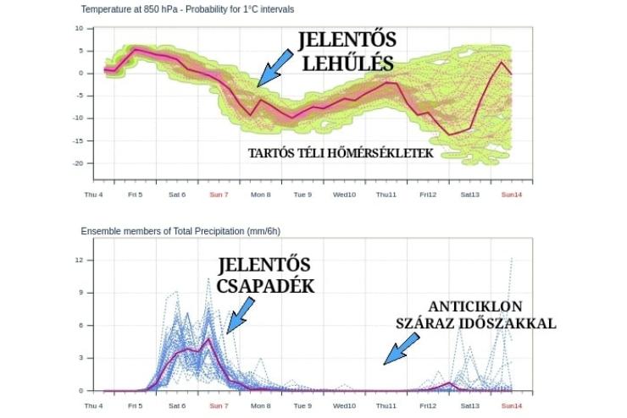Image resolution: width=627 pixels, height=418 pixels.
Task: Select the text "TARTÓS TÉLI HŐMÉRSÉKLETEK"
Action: click(341, 154)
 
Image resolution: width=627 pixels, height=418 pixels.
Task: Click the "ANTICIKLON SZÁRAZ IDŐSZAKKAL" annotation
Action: click(475, 314)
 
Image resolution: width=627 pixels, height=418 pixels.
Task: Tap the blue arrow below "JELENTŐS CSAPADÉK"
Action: click(237, 317)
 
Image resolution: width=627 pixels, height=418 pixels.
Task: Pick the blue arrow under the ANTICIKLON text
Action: click(401, 348)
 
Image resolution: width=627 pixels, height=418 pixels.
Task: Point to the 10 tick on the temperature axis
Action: click(78, 28)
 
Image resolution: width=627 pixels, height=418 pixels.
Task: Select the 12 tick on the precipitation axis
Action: click(78, 260)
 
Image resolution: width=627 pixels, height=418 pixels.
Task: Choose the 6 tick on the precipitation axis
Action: click(80, 326)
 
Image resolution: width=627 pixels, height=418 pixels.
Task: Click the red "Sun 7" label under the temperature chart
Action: click(219, 195)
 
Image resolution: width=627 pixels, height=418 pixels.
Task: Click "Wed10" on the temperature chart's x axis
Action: click(344, 195)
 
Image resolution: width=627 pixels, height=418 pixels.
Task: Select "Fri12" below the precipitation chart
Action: click(427, 406)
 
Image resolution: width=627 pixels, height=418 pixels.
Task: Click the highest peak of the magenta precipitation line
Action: click(208, 339)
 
